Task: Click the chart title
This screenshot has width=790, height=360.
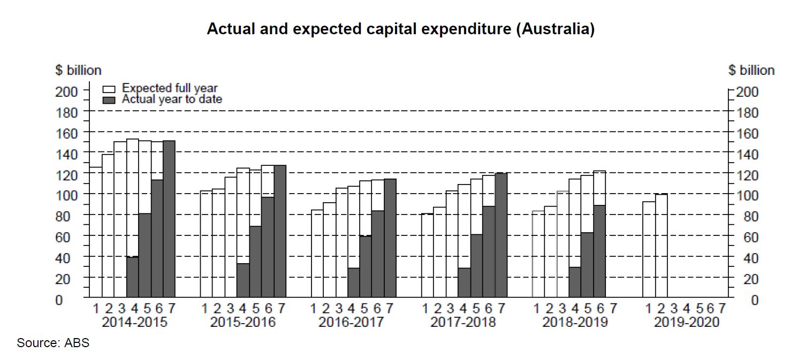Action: click(x=400, y=29)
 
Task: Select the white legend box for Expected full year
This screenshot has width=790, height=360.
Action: click(x=109, y=89)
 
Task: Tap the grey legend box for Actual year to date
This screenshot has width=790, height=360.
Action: click(x=109, y=99)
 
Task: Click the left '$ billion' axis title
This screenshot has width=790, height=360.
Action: click(x=78, y=70)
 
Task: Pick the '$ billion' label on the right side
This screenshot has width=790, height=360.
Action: click(x=751, y=70)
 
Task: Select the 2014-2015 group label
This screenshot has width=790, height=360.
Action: click(x=134, y=323)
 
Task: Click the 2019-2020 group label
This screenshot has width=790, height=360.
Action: click(x=687, y=323)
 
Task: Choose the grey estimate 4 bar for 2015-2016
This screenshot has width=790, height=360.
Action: click(x=242, y=280)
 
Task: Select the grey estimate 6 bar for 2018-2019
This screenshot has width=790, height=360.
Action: click(x=599, y=251)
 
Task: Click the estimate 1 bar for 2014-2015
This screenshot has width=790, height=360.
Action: click(x=96, y=233)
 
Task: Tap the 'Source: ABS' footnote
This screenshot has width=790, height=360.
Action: click(x=53, y=343)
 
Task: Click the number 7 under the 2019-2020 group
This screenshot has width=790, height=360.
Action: click(x=723, y=309)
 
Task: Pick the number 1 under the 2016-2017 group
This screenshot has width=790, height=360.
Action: click(x=314, y=309)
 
